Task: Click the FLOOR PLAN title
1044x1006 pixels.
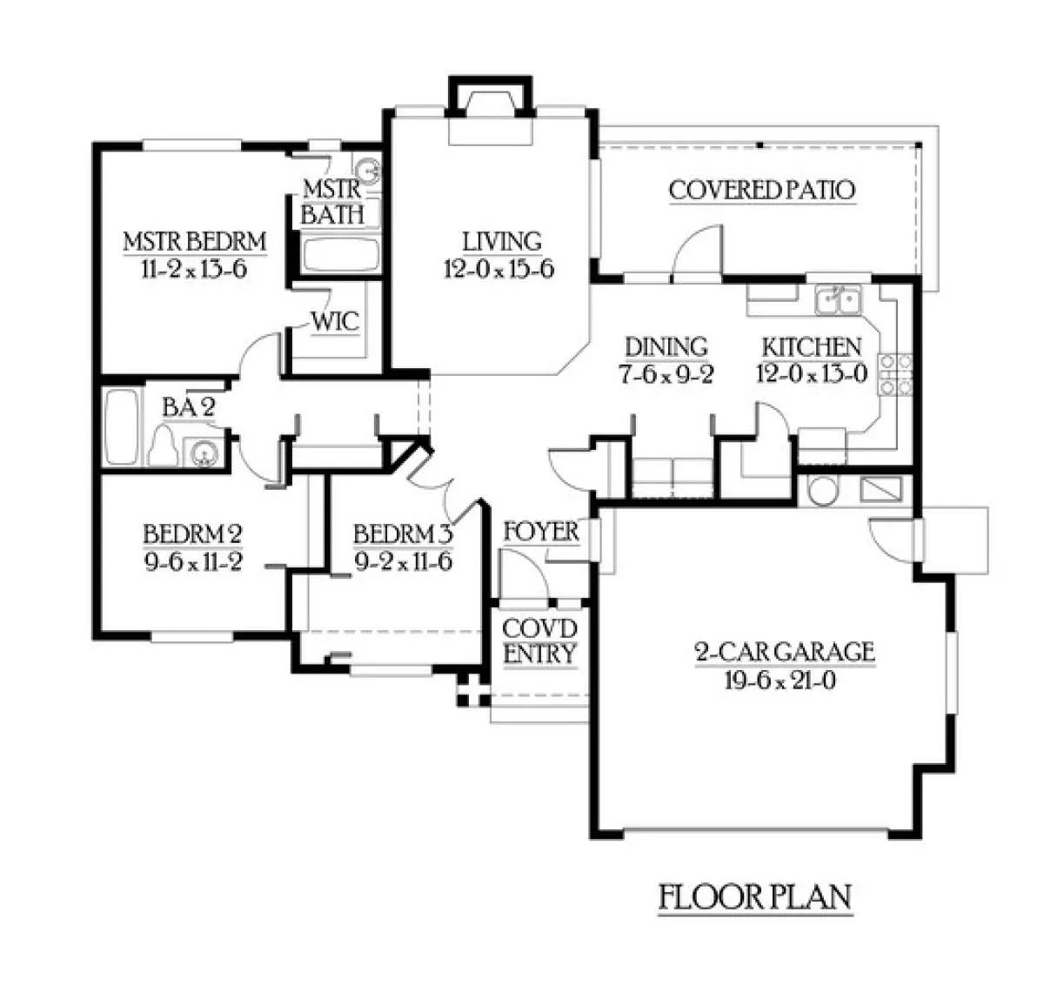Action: coord(755,896)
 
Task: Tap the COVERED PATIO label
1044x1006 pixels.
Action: coord(762,190)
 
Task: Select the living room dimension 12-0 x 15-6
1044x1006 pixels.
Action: coord(499,269)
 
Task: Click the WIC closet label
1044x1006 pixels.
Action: coord(335,321)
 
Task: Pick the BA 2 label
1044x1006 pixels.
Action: coord(189,407)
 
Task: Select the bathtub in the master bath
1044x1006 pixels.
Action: coord(341,255)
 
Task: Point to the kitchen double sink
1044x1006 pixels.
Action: coord(839,299)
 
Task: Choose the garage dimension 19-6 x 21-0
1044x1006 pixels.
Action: coord(780,681)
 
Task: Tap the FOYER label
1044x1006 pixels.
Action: coord(541,533)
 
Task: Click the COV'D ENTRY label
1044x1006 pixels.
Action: coord(539,641)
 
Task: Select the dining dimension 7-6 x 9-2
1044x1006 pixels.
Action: coord(666,375)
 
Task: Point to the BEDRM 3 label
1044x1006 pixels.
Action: coord(403,534)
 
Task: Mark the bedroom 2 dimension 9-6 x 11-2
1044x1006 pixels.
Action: coord(193,562)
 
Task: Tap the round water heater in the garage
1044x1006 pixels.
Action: coord(822,491)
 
